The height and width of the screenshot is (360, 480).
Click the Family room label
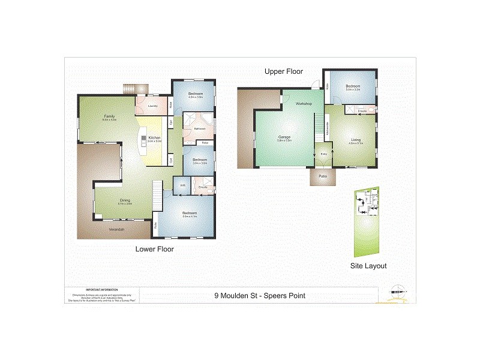coord(109,116)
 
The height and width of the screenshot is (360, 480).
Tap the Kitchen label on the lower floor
coord(154,138)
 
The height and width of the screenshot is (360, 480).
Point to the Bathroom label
coord(200,129)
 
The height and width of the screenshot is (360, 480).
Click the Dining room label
coord(125,201)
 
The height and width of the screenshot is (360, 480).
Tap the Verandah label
coord(116,229)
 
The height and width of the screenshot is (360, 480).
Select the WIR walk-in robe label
coord(182,185)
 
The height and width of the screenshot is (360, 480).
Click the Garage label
coord(284,137)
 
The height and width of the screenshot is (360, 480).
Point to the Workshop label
coord(304,104)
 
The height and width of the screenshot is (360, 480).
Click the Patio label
coord(322,176)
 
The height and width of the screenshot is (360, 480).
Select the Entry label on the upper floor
coord(324,154)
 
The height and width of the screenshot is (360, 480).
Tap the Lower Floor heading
coord(154,249)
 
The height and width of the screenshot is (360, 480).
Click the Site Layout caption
coord(368,265)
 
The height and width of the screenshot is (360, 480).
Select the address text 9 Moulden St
coord(260,295)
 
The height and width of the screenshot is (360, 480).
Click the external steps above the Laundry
coord(130,89)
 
